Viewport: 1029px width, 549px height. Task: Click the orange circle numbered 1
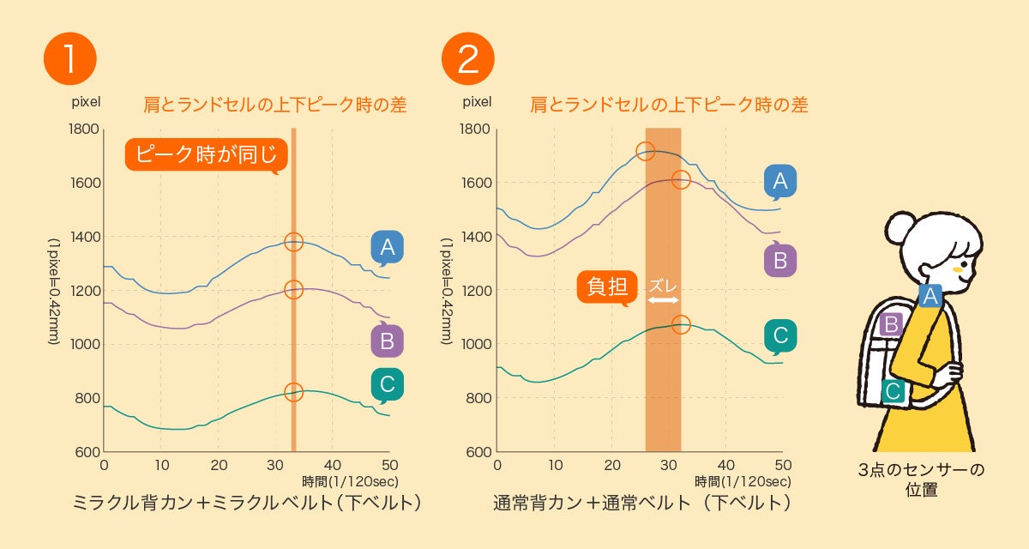tap(69, 57)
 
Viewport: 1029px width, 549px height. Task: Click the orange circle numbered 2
tap(468, 57)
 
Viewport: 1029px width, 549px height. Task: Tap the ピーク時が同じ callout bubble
tap(207, 154)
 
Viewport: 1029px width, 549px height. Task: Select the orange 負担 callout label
tap(607, 287)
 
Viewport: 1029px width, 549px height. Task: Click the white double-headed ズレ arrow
tap(663, 300)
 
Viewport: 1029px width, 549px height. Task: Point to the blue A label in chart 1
tap(387, 247)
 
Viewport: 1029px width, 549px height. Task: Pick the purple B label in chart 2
tap(780, 259)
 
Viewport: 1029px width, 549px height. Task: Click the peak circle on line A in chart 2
tap(646, 152)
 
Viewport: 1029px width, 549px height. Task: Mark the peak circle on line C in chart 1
tap(293, 392)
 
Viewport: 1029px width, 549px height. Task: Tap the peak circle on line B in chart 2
tap(681, 179)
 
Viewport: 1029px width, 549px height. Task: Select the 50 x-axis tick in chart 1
tap(389, 465)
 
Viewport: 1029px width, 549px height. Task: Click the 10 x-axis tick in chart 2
tap(555, 465)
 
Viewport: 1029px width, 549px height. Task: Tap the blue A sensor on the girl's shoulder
tap(930, 296)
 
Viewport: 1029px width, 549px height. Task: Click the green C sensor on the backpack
tap(893, 391)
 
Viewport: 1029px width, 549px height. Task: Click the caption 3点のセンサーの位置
tap(921, 480)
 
